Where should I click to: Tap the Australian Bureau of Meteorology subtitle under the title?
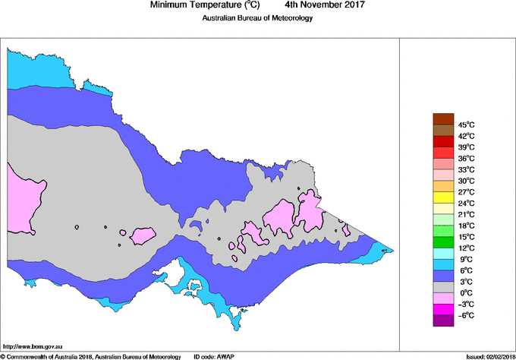point(257,18)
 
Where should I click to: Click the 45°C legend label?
point(466,125)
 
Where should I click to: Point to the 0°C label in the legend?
point(464,293)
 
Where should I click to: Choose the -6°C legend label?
point(465,315)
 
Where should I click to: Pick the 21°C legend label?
point(466,215)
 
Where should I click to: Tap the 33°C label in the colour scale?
point(466,169)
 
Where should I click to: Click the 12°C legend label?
point(466,248)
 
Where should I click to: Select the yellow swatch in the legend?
point(442,197)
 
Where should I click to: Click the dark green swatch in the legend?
point(442,242)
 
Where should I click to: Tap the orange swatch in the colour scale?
point(442,186)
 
